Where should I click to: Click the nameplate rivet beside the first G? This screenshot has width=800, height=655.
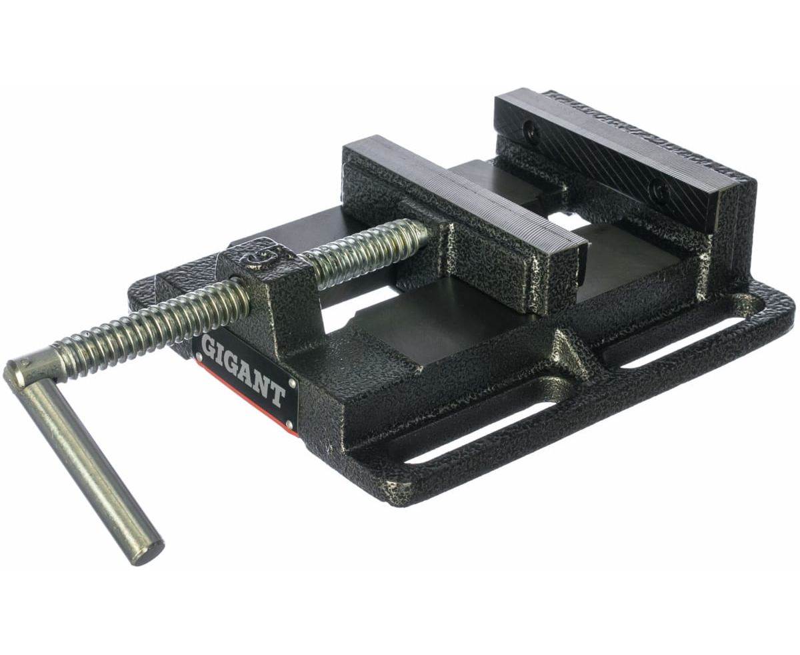199,356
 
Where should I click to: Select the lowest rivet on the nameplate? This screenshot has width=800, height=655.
289,422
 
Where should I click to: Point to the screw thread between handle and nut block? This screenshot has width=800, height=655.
148,321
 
